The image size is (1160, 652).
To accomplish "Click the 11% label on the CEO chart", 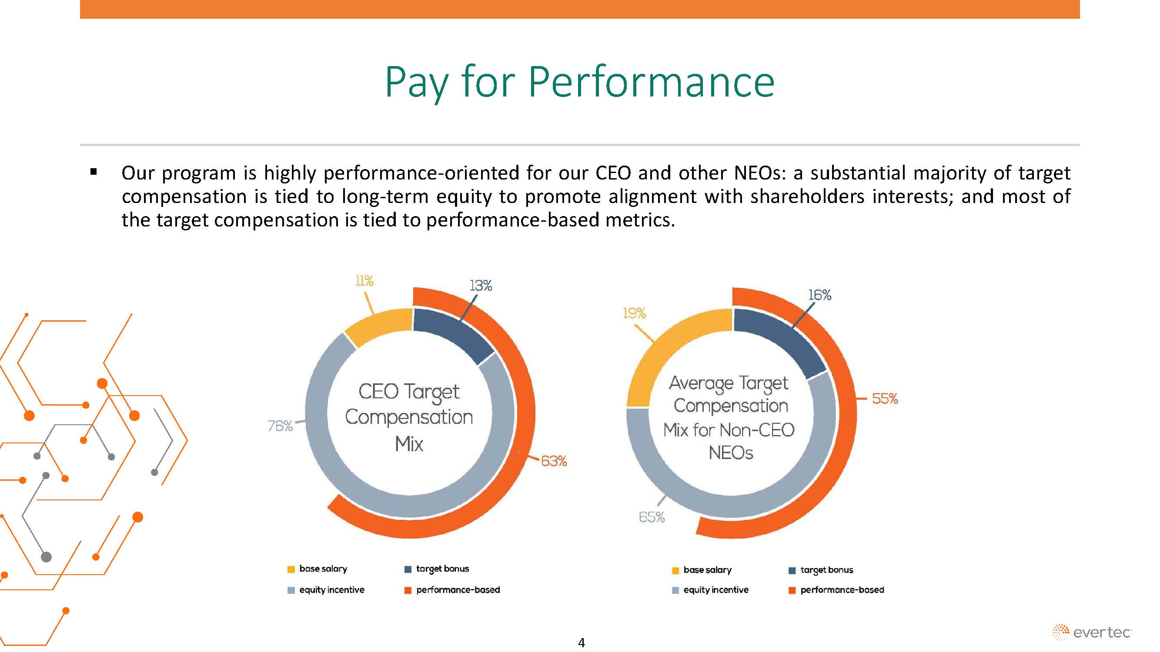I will click(364, 281).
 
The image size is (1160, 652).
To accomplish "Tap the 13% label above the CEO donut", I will click(481, 286).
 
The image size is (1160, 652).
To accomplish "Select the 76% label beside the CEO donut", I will click(280, 426).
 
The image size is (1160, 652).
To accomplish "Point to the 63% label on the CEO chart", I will click(553, 461).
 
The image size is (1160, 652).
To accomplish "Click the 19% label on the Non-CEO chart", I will click(634, 313).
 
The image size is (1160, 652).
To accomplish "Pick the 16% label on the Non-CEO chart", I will click(819, 295).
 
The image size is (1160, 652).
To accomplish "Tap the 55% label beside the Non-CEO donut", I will click(885, 399).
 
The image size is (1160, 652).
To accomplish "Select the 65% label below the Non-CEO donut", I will click(652, 517).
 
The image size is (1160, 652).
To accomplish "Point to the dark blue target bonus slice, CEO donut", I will click(453, 333).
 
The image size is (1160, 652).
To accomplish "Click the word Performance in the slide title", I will click(651, 82).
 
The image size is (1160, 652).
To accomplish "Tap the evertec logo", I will click(1092, 632).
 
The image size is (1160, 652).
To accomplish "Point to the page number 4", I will click(582, 642).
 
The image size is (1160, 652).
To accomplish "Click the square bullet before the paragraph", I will click(94, 171).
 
